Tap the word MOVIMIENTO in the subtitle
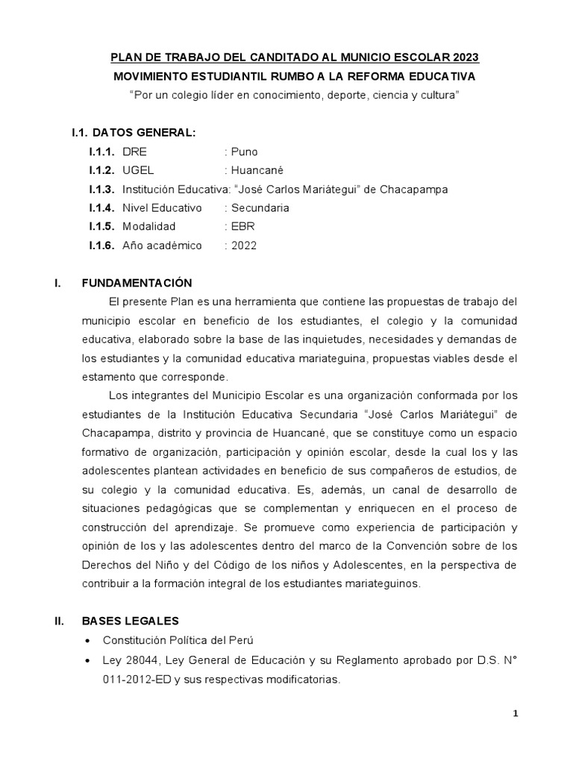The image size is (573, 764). click(148, 76)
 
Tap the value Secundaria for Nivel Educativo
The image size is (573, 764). click(260, 208)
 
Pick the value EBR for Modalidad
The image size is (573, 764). click(243, 227)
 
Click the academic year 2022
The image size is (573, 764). click(244, 245)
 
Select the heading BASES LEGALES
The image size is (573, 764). click(131, 620)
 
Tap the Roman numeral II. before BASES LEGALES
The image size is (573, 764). click(61, 620)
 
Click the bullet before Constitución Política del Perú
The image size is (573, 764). click(89, 640)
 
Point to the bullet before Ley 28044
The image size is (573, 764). click(89, 660)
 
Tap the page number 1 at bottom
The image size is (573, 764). click(515, 714)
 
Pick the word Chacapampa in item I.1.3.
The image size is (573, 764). click(414, 190)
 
